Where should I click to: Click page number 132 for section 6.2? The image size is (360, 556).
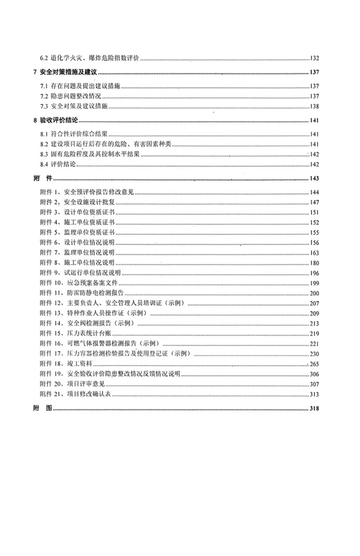tap(314, 58)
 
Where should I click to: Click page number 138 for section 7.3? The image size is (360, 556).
tap(314, 106)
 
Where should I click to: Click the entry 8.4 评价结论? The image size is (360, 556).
tap(63, 164)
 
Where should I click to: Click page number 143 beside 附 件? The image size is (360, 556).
tap(314, 178)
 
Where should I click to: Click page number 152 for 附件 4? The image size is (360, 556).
tap(314, 223)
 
